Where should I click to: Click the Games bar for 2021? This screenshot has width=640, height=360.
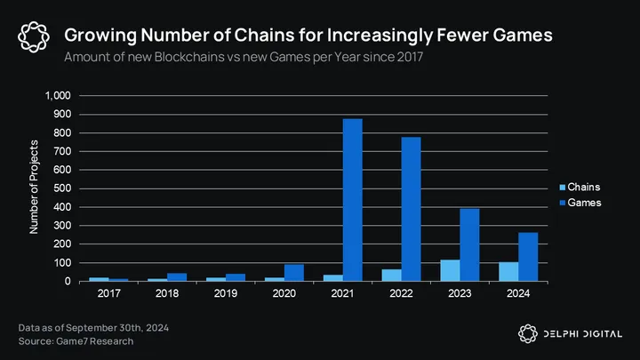(x=352, y=200)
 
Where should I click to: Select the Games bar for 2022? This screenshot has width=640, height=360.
(x=411, y=209)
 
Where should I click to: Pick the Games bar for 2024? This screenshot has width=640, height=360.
(x=528, y=257)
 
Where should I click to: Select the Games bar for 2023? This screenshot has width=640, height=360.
(x=469, y=245)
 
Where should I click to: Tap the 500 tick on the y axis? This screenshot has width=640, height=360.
(x=61, y=188)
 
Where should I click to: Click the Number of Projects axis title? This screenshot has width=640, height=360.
(x=35, y=188)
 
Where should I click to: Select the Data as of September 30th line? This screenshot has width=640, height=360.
(x=93, y=328)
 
